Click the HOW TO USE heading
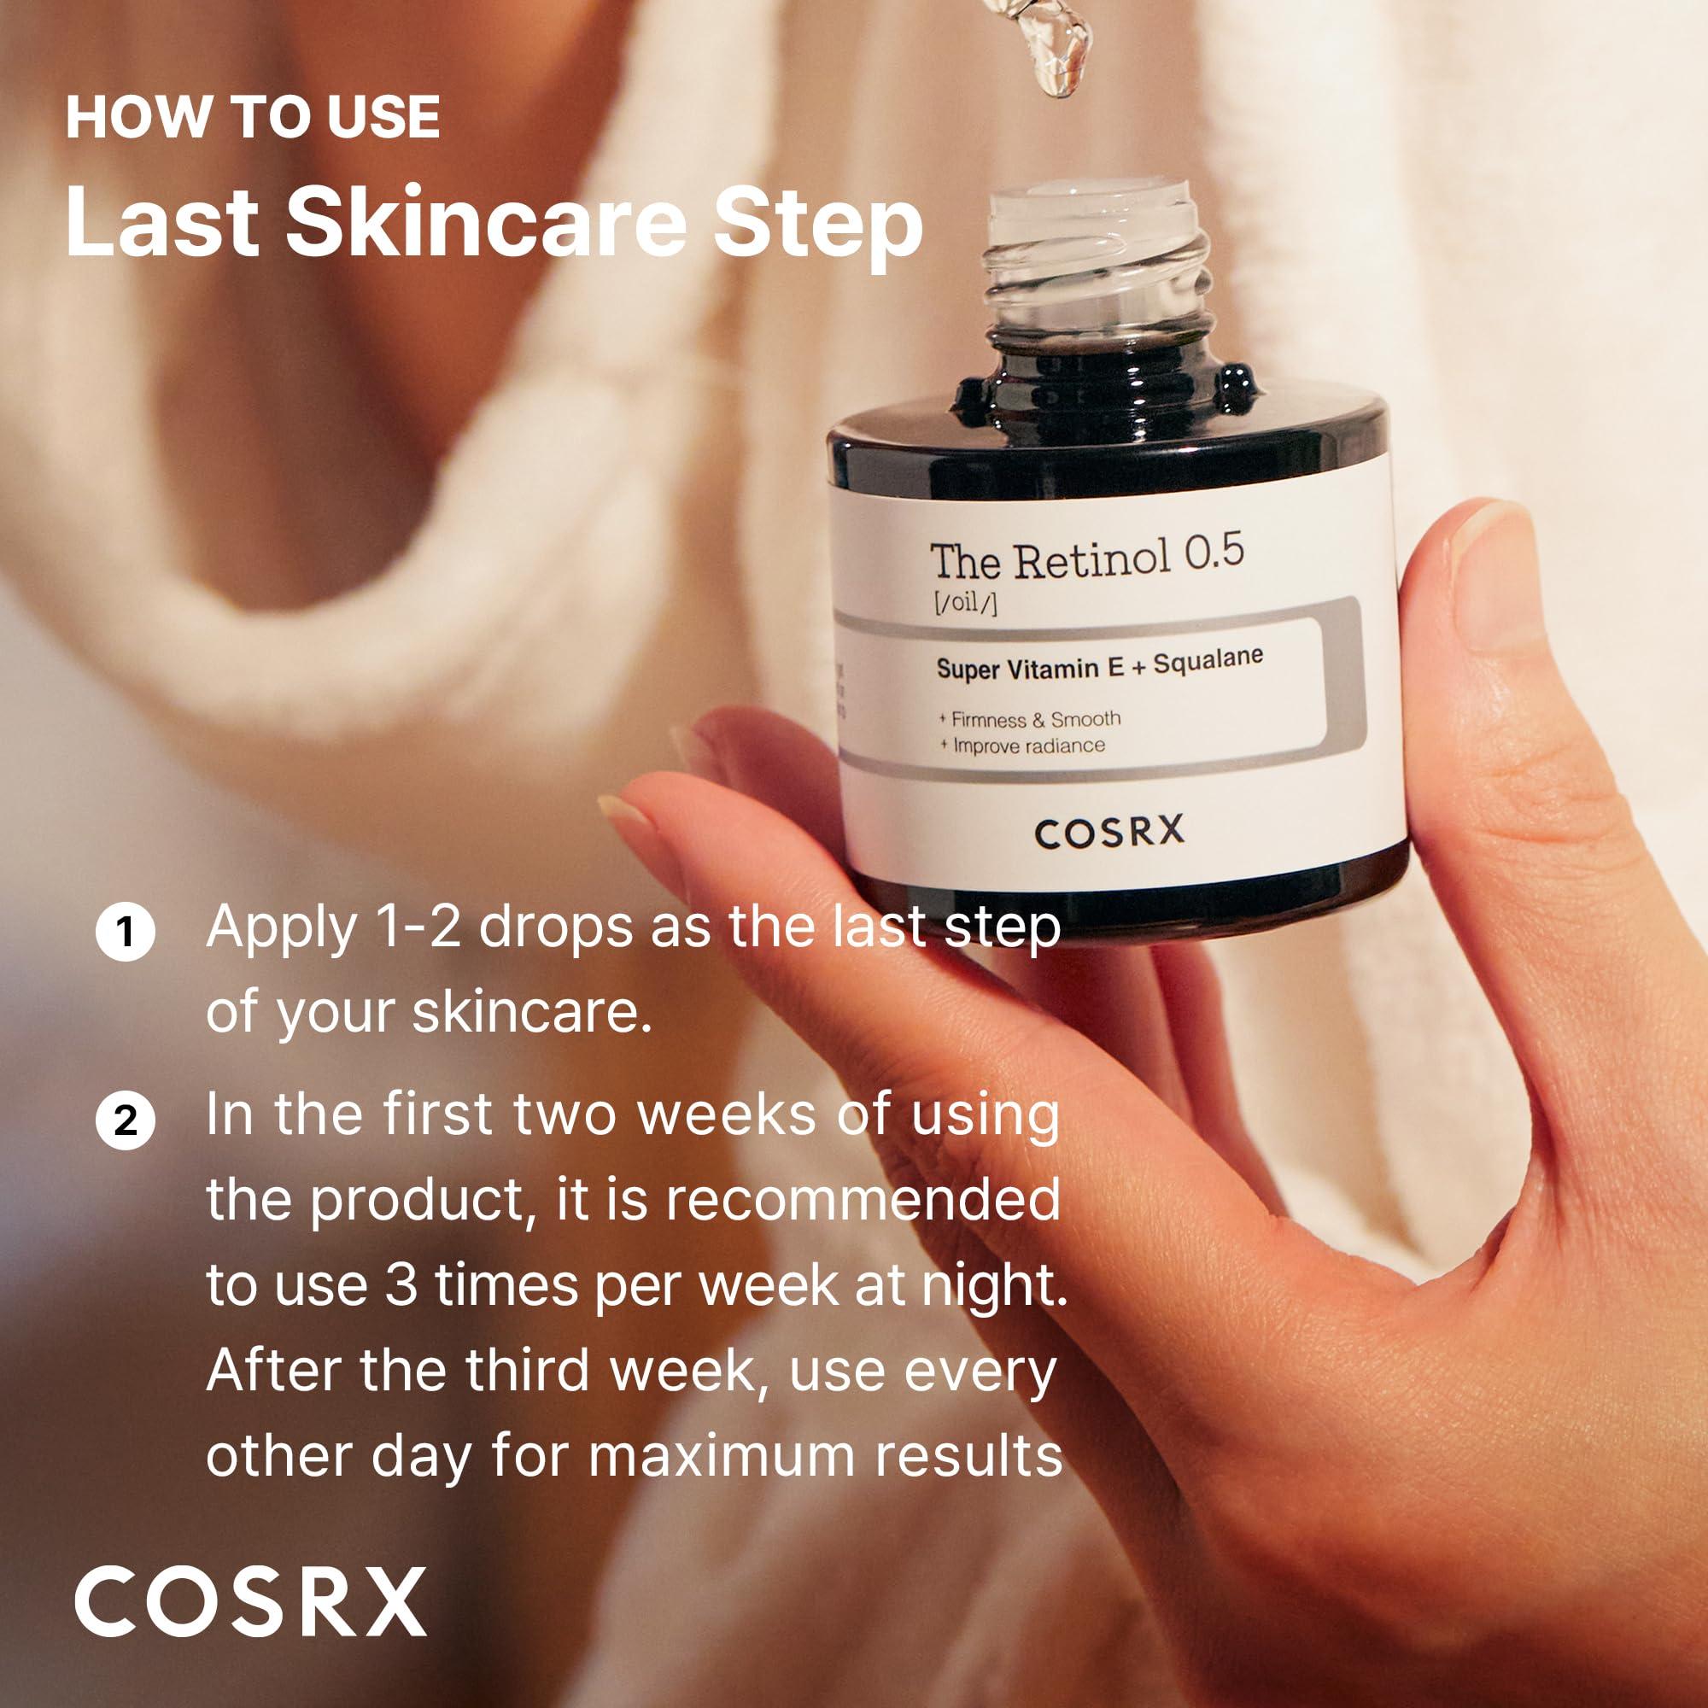coord(253,118)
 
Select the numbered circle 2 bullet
coord(126,1121)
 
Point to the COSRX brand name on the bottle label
coord(1108,833)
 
